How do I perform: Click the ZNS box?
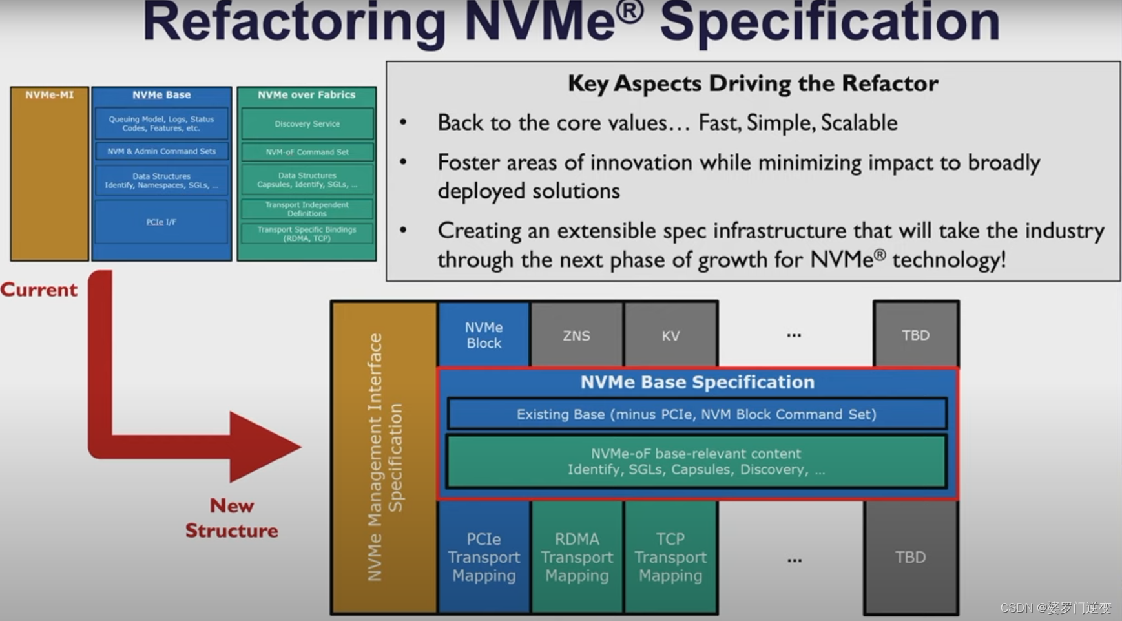pos(576,335)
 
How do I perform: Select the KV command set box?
pos(670,335)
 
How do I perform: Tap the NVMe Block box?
pos(484,335)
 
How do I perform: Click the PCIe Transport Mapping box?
pos(484,557)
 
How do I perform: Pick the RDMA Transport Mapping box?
pos(577,557)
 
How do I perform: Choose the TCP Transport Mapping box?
pos(670,557)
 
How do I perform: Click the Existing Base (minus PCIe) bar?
pos(696,414)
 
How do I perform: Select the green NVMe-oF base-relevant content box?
pos(696,461)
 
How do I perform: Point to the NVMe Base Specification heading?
pos(697,382)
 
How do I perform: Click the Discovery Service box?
pos(307,123)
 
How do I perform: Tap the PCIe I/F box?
pos(161,222)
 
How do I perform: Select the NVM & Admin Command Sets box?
pos(161,151)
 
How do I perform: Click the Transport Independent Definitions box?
pos(307,209)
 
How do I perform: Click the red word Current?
pos(39,289)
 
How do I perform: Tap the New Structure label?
pos(231,518)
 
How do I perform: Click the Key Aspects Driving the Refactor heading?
pos(753,83)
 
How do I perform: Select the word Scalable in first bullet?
pos(859,123)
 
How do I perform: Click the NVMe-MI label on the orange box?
pos(49,95)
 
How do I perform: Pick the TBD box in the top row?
pos(915,335)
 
